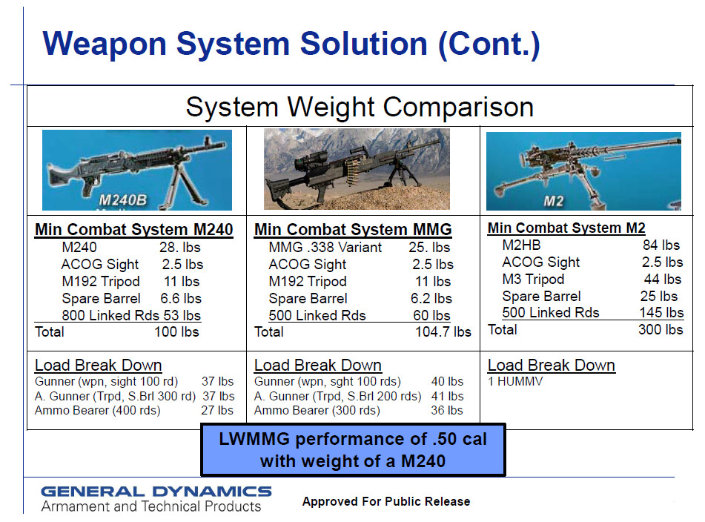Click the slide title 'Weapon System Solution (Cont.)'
point(291,44)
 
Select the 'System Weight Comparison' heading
point(360,107)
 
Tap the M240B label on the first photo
point(123,200)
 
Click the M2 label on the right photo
point(554,201)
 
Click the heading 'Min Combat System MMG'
point(353,229)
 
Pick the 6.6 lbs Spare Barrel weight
point(181,299)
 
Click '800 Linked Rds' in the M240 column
point(110,316)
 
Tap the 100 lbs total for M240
point(176,332)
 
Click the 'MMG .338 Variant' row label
point(325,248)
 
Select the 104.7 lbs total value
point(443,332)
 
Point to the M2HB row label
point(521,245)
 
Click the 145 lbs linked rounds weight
point(661,312)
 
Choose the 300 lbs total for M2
point(661,329)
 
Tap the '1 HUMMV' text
point(515,381)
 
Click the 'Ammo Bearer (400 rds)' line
point(98,411)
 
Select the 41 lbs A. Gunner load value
point(447,396)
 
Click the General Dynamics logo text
point(156,492)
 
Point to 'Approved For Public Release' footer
point(386,501)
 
